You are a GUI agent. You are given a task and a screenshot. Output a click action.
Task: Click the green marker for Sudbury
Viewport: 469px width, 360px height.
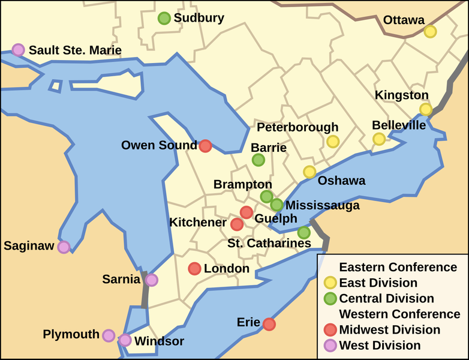164,19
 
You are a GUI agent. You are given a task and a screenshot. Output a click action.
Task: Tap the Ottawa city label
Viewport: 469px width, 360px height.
404,20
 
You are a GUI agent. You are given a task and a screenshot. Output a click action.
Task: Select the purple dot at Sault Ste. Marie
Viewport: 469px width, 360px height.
19,50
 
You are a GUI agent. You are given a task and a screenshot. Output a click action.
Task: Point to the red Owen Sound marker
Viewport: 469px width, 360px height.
205,146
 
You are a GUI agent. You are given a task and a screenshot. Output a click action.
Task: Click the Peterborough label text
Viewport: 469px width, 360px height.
297,128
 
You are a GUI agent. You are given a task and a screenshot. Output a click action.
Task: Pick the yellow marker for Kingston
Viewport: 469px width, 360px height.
426,109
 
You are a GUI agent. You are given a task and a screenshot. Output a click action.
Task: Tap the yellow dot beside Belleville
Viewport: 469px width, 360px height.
379,139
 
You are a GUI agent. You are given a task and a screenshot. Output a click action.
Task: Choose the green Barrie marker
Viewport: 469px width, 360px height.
258,160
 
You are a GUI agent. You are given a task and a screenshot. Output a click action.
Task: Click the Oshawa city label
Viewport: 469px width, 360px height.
341,181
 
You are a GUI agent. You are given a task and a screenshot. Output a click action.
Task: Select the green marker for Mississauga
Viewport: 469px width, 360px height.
276,205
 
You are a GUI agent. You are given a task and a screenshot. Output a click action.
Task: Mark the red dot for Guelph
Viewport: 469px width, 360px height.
246,212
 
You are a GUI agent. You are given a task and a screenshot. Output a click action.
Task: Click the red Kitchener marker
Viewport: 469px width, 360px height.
237,224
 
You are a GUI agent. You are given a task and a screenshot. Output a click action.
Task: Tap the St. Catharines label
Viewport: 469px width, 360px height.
269,244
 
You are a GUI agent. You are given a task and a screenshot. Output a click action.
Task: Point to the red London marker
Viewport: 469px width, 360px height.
194,269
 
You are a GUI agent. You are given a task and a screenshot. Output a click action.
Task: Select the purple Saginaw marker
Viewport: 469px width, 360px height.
64,247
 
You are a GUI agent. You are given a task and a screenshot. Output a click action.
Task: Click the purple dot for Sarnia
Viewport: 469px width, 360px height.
152,280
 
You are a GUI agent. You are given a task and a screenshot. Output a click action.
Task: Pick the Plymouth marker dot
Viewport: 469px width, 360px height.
109,335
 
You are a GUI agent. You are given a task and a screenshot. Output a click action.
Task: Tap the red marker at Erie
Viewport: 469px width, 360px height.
269,324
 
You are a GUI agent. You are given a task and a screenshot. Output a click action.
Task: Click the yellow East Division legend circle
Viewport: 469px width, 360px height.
329,283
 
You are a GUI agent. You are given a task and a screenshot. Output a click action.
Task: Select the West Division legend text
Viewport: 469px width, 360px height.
380,345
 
